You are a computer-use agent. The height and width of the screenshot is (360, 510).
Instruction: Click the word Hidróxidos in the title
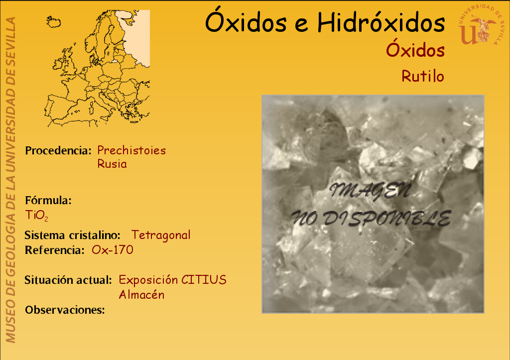tap(381, 23)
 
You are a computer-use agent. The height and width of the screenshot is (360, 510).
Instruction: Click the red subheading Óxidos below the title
tap(415, 50)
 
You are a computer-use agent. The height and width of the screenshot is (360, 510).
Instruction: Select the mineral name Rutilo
tap(423, 76)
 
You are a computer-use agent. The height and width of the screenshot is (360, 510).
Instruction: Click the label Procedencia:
tap(58, 150)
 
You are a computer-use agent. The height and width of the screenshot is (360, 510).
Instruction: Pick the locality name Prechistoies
tap(131, 150)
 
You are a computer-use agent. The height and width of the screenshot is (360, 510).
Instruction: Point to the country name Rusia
tap(112, 164)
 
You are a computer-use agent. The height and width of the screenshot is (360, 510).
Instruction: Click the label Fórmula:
tap(48, 200)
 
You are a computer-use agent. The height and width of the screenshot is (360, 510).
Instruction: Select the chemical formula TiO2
tap(37, 215)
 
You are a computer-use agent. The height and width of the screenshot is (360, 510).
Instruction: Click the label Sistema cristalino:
tap(72, 235)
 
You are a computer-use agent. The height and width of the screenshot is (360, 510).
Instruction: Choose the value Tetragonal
tap(161, 235)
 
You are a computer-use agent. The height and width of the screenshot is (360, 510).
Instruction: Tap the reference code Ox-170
tap(113, 250)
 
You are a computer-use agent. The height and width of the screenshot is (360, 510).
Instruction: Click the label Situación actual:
tap(68, 280)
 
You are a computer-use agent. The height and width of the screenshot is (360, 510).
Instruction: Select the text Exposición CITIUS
tap(172, 280)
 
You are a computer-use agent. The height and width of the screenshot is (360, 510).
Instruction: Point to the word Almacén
tap(141, 295)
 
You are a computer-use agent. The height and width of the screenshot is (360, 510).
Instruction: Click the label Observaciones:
tap(65, 310)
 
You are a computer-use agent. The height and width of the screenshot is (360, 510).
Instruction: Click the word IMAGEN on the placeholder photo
tap(371, 191)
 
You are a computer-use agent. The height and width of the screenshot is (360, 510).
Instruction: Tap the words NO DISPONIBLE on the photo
tap(371, 218)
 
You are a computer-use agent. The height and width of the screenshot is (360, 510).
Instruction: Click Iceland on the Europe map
tap(53, 22)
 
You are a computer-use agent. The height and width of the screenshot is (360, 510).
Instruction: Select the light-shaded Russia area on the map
tap(136, 37)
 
